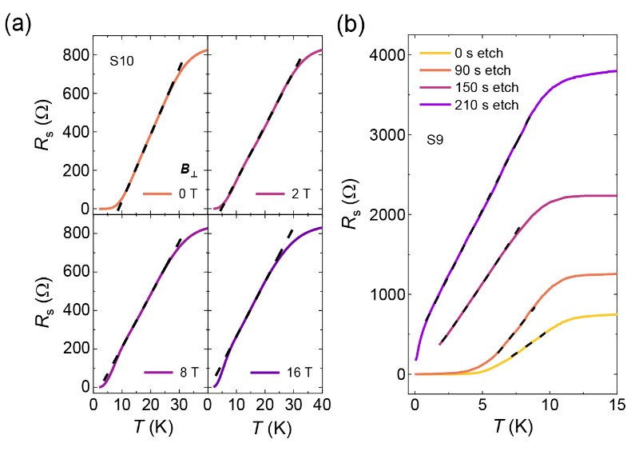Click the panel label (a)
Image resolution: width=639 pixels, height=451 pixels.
18,25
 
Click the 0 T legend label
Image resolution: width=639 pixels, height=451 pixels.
187,194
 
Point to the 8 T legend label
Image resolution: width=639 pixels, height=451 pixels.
187,373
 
